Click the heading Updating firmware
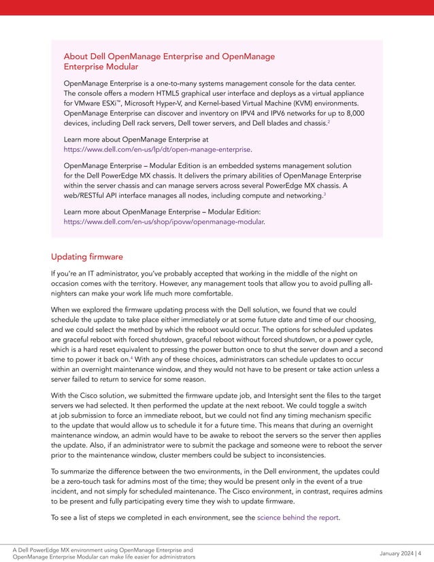click(86, 257)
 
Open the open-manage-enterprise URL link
click(157, 148)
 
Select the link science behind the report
click(298, 517)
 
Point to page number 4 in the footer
click(419, 552)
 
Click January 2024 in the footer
click(392, 552)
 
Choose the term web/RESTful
click(88, 196)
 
